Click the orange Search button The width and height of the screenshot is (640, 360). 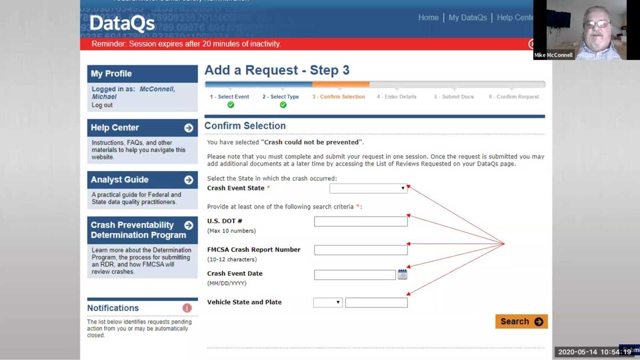point(521,322)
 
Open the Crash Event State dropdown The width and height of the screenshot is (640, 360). point(368,188)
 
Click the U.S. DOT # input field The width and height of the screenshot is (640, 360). point(361,221)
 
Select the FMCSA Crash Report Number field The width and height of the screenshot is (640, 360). point(361,250)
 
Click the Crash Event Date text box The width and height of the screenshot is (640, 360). point(355,275)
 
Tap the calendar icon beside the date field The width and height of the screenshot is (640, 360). point(402,275)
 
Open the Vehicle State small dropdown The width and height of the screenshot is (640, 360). point(328,302)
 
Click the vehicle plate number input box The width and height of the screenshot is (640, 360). point(376,302)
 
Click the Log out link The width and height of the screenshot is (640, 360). point(102,105)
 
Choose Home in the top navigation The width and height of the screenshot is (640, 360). point(428,17)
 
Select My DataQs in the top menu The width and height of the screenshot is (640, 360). point(468,17)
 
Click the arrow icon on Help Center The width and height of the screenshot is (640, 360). point(189,128)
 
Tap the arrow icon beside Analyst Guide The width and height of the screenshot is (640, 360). point(189,180)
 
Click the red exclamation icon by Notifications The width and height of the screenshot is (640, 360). point(187,308)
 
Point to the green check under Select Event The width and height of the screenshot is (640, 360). point(231,105)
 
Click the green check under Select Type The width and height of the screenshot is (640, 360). point(283,105)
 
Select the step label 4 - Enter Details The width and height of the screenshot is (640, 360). point(396,97)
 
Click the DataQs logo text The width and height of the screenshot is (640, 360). point(122,23)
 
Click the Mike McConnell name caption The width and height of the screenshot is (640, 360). point(553,55)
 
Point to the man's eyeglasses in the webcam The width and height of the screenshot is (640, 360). point(599,24)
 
